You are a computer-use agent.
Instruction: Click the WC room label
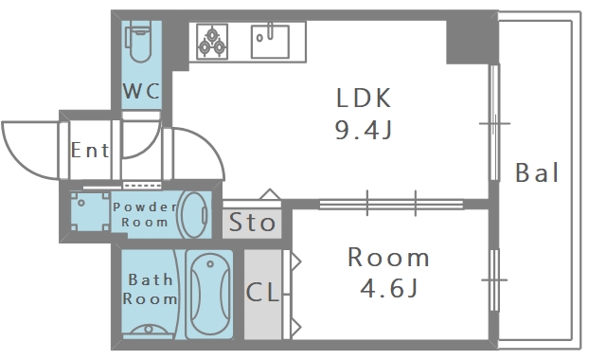point(141,91)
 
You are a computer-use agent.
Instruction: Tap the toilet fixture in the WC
point(138,42)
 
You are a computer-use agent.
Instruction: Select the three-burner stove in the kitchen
point(212,42)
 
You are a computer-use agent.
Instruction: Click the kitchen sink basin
point(270,41)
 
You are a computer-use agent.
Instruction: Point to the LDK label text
point(364,98)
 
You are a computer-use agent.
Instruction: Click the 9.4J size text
point(364,130)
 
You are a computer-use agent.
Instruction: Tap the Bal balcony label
point(537,172)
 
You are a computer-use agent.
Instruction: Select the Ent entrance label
point(90,150)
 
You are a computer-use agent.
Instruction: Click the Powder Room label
point(145,214)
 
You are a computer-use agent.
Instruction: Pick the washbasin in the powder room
point(194,215)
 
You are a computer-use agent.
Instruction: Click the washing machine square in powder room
point(90,211)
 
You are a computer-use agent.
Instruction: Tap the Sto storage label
point(252,223)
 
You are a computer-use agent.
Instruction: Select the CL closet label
point(262,292)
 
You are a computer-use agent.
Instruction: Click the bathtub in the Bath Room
point(209,295)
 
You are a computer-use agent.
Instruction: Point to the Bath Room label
point(150,289)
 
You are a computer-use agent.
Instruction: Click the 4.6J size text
point(389,288)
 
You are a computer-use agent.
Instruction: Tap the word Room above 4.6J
point(388,257)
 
